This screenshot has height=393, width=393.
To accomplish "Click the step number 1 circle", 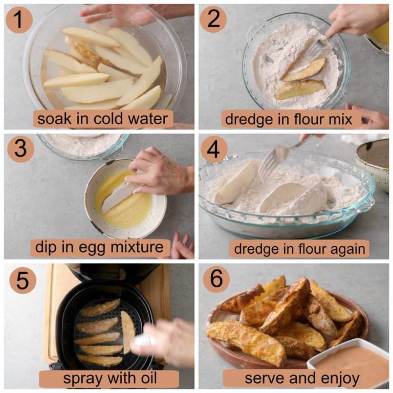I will (x=19, y=20).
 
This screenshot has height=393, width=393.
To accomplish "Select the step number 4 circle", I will (x=213, y=149).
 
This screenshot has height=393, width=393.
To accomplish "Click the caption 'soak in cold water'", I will (x=103, y=119).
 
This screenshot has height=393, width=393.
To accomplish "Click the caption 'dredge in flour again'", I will (x=299, y=249).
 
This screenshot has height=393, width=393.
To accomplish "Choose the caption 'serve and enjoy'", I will (x=302, y=379).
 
